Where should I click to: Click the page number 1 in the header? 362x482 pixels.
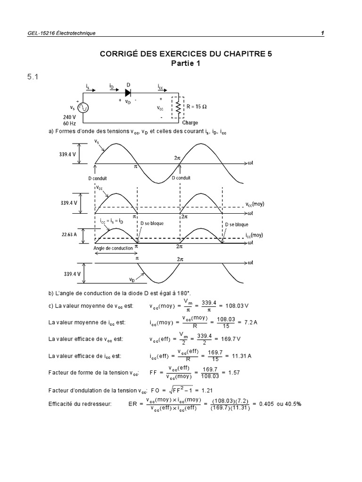tap(322, 33)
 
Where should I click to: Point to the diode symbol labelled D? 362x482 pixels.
tap(128, 93)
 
